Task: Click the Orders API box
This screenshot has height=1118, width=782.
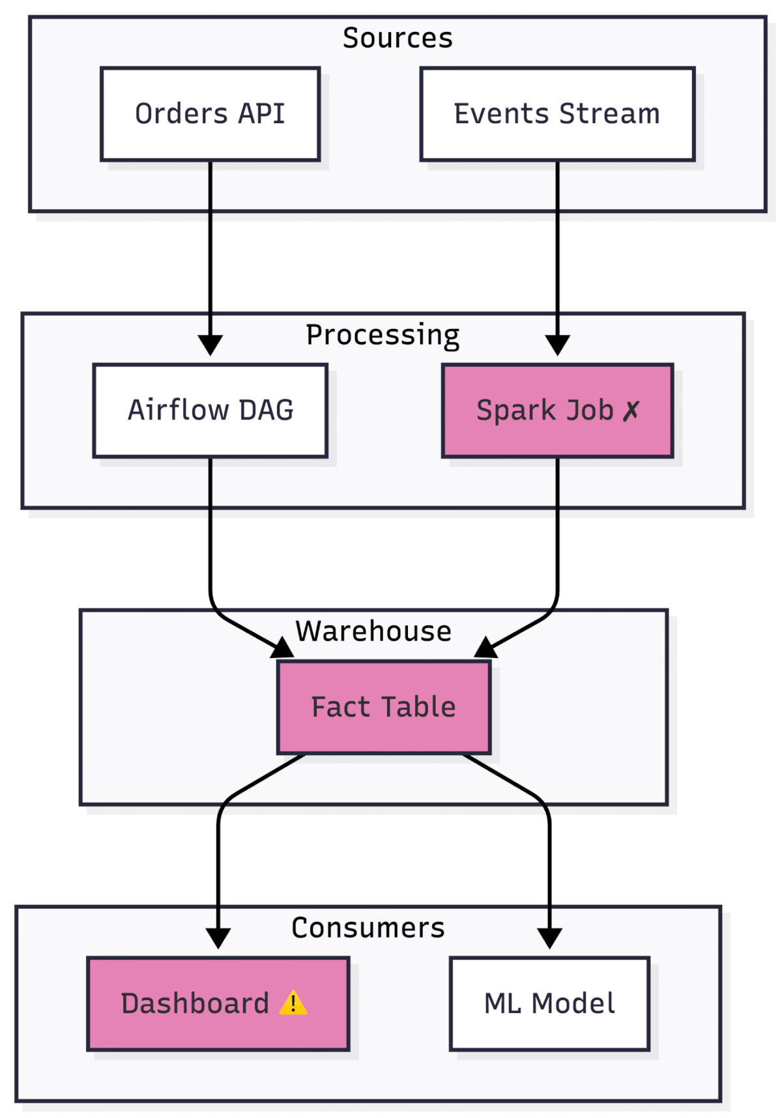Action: click(210, 114)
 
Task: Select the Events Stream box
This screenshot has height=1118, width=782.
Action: click(557, 114)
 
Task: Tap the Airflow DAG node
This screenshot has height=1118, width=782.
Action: click(210, 410)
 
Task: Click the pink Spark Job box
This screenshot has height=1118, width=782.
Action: click(557, 410)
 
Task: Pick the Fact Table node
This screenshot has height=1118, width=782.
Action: click(383, 707)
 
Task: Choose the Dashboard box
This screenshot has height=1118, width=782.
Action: click(218, 1003)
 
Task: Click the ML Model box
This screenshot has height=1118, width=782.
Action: click(549, 1003)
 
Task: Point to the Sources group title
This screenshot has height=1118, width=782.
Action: click(398, 38)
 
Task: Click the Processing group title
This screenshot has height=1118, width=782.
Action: click(383, 335)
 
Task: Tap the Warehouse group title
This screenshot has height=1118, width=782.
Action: click(373, 631)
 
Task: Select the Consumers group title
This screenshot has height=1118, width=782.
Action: click(368, 928)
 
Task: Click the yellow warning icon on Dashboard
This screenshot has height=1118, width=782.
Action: click(293, 1003)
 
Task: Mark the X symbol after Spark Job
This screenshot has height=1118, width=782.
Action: click(631, 411)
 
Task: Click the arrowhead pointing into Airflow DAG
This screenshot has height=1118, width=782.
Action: click(210, 345)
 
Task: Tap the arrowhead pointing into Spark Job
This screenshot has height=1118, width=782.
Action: click(557, 345)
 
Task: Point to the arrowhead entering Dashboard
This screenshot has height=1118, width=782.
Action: click(218, 938)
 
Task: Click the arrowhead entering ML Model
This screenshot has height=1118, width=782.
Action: click(549, 938)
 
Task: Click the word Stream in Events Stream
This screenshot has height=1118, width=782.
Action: click(609, 114)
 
